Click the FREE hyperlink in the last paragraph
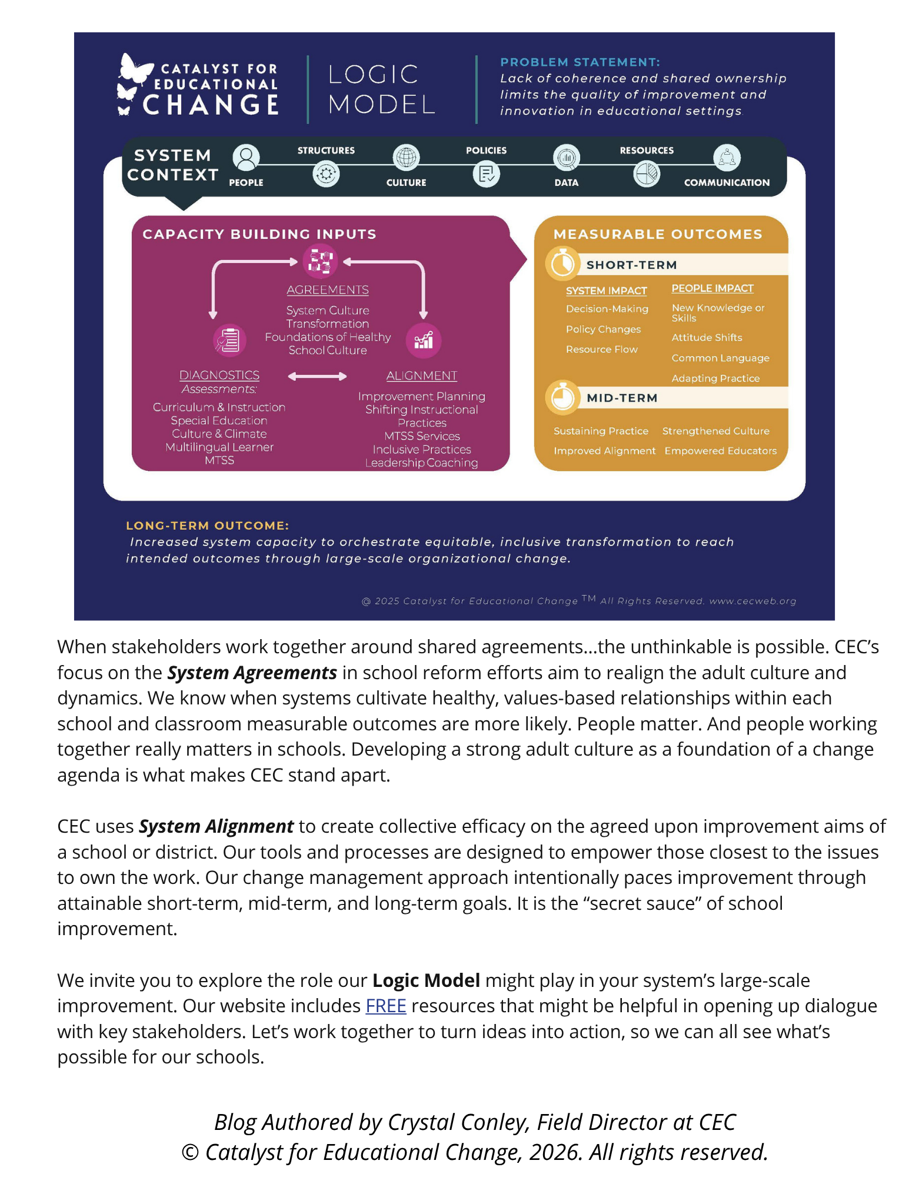(x=386, y=1006)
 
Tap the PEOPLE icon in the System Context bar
(x=246, y=158)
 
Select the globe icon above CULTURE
(x=407, y=158)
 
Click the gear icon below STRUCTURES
(x=326, y=174)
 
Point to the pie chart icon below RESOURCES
(x=647, y=174)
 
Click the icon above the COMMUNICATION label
(x=727, y=158)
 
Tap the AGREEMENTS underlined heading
(x=328, y=290)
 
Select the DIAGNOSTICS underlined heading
(x=219, y=375)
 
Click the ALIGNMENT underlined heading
(x=422, y=375)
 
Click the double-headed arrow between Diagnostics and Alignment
(x=317, y=377)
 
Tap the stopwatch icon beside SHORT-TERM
(x=562, y=263)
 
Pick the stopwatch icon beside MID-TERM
(x=562, y=397)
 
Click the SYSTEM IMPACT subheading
(x=606, y=291)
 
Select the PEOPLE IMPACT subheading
(x=712, y=288)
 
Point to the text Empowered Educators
(x=721, y=451)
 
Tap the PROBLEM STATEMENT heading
(x=580, y=62)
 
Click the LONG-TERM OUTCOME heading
(x=208, y=526)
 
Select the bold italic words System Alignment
(x=216, y=827)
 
